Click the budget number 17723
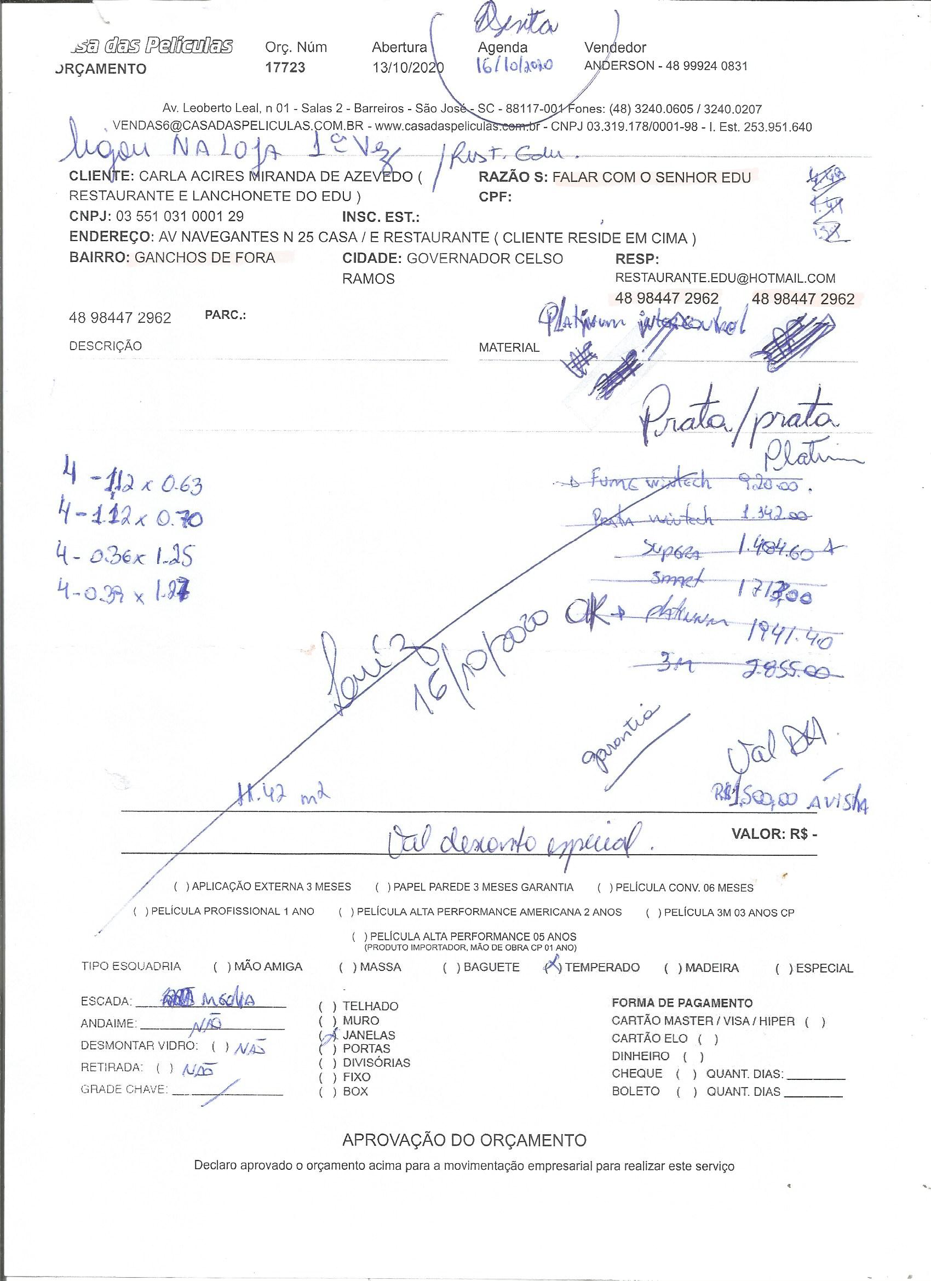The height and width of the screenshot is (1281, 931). tap(285, 68)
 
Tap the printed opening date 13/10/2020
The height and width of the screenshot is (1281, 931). tap(407, 68)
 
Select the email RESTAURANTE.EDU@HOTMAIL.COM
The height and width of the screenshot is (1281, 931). tap(725, 278)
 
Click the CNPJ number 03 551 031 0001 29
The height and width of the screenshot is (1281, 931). tap(180, 216)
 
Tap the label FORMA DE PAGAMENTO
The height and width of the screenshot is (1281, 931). tap(682, 1003)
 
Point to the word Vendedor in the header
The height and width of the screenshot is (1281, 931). tap(615, 48)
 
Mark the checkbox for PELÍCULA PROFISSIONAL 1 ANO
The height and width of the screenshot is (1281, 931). tap(141, 911)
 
